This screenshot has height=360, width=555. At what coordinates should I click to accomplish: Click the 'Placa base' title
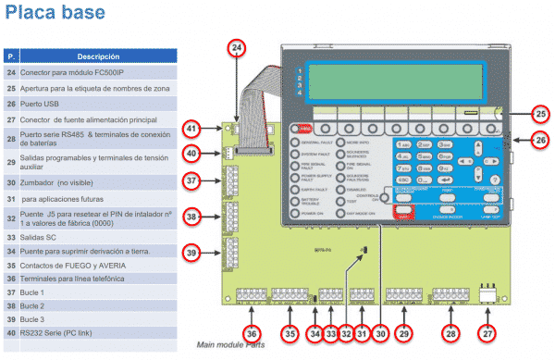(43, 14)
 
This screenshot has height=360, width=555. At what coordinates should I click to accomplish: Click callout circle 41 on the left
(191, 129)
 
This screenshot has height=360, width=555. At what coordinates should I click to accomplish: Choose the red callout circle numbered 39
(191, 253)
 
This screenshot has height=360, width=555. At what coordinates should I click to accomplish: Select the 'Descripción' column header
(98, 56)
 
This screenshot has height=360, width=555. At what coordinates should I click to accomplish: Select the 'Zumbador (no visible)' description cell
(61, 183)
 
